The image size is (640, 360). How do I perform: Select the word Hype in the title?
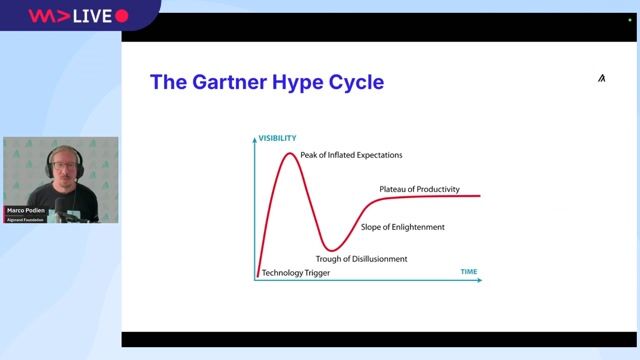pyautogui.click(x=299, y=82)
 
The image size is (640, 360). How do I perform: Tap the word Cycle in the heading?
pyautogui.click(x=356, y=82)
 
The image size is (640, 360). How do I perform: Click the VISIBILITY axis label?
pyautogui.click(x=277, y=137)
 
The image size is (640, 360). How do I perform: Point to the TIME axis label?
pyautogui.click(x=468, y=272)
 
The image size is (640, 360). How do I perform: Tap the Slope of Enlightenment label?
pyautogui.click(x=402, y=227)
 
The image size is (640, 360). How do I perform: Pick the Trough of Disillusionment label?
pyautogui.click(x=361, y=259)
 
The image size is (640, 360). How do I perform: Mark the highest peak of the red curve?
pyautogui.click(x=289, y=153)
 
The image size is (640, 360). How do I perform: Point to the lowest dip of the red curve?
pyautogui.click(x=331, y=249)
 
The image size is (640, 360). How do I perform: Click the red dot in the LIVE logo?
pyautogui.click(x=122, y=16)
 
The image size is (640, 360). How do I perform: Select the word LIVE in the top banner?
pyautogui.click(x=92, y=16)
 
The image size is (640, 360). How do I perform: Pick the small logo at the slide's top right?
pyautogui.click(x=601, y=78)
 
